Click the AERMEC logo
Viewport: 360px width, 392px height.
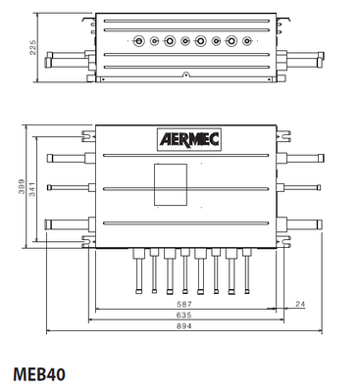189,140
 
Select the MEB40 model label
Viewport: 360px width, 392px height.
39,374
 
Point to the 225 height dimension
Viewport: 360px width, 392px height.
33,48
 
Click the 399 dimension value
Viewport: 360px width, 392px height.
22,186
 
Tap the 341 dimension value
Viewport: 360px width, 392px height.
32,189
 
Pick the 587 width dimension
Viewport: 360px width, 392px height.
184,305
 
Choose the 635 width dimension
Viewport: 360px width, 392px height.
184,316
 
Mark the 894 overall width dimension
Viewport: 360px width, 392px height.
184,326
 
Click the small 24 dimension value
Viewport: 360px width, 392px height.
300,305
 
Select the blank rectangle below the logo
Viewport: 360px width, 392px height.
171,185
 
